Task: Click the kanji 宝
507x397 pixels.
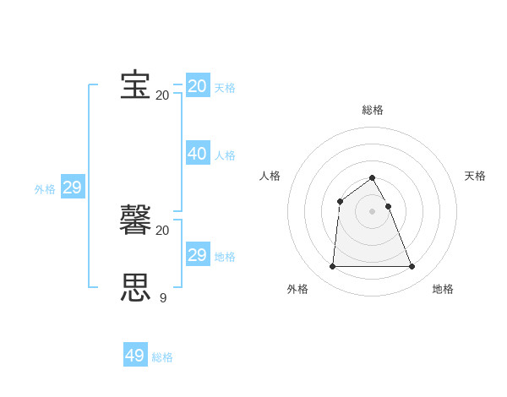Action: pos(135,85)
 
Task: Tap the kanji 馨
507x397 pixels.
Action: pos(135,220)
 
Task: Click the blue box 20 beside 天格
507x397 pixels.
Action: pos(197,86)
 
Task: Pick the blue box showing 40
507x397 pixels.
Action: pos(197,154)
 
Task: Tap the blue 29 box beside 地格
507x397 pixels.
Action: pos(197,255)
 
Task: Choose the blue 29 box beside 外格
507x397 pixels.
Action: pos(72,188)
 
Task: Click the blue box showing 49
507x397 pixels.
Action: pos(134,356)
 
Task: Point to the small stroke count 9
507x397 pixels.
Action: pos(163,297)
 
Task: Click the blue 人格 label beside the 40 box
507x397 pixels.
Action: pos(225,155)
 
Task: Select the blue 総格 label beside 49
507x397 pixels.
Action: pos(162,357)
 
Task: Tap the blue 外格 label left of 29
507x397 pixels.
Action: pos(45,189)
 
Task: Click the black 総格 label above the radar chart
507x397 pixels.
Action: pos(373,110)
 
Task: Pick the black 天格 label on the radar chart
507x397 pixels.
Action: pos(475,176)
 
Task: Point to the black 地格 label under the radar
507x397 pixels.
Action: pos(443,289)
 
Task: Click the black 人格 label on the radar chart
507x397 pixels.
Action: pos(270,176)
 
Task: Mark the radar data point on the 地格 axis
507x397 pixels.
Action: pos(412,267)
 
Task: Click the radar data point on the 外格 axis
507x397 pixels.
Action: pos(332,267)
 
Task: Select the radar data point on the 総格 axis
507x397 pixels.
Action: pos(372,177)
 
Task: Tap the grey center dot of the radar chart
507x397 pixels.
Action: pos(372,211)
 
